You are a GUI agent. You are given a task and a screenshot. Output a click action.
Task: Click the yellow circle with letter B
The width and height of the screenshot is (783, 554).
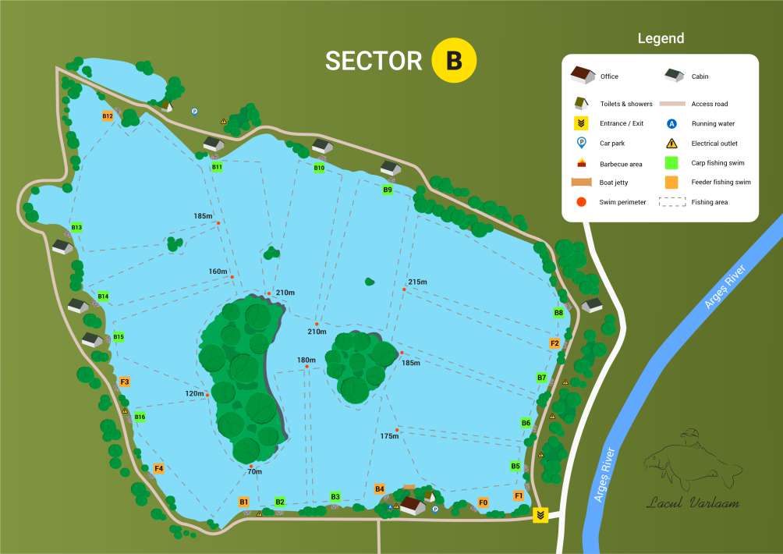tap(453, 60)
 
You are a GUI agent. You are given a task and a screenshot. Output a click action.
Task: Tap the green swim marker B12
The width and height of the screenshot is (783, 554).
tap(108, 116)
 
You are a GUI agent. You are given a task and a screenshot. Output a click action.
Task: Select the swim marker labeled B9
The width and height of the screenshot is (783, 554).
tap(388, 190)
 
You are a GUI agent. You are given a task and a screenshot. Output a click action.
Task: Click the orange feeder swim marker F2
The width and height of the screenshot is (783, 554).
tap(554, 343)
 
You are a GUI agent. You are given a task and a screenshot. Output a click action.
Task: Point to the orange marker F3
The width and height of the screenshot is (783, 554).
tap(125, 382)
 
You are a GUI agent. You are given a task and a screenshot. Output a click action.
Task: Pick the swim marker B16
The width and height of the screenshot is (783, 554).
tap(140, 417)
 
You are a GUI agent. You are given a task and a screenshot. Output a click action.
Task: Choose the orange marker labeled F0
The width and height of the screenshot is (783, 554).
tap(483, 503)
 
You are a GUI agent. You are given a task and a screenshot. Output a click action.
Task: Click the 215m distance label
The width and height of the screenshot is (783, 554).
tap(418, 282)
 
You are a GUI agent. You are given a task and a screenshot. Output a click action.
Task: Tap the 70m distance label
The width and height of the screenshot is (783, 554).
tap(254, 471)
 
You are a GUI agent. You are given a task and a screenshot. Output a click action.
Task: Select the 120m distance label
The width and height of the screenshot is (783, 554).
tap(195, 393)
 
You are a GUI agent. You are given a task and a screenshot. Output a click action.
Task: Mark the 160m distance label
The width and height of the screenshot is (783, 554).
tap(218, 272)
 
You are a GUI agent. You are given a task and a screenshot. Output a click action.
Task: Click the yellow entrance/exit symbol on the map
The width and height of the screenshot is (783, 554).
tap(540, 516)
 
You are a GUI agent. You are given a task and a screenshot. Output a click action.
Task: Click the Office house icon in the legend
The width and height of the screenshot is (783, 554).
tap(583, 75)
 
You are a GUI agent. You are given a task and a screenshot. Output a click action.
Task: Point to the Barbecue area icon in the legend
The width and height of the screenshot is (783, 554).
tap(582, 163)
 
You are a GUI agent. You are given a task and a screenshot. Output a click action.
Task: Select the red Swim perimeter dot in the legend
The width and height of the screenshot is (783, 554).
tap(582, 202)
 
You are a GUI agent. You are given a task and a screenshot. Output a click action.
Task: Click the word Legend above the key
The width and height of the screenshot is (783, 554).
tap(661, 38)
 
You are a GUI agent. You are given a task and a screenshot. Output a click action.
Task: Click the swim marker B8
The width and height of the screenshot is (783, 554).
tap(558, 313)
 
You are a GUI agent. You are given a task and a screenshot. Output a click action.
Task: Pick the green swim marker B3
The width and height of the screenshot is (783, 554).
tap(335, 496)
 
